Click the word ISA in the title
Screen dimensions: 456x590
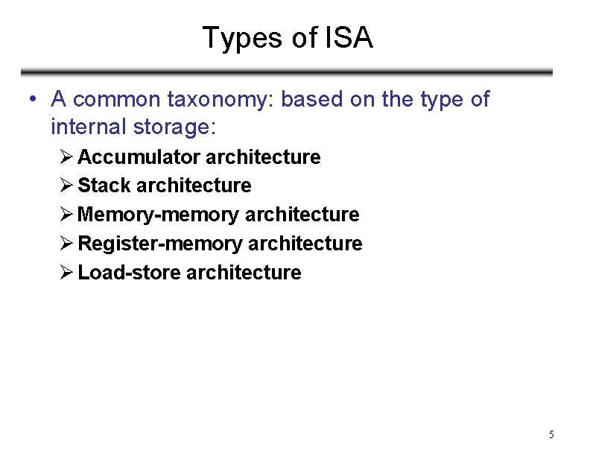click(x=349, y=38)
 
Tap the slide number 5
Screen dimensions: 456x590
click(x=551, y=434)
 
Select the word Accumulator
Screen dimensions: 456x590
click(x=139, y=157)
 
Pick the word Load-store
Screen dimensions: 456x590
click(x=130, y=273)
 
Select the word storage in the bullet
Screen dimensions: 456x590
click(x=177, y=127)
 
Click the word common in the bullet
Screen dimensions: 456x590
click(x=117, y=99)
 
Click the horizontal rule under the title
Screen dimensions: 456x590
click(x=287, y=73)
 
